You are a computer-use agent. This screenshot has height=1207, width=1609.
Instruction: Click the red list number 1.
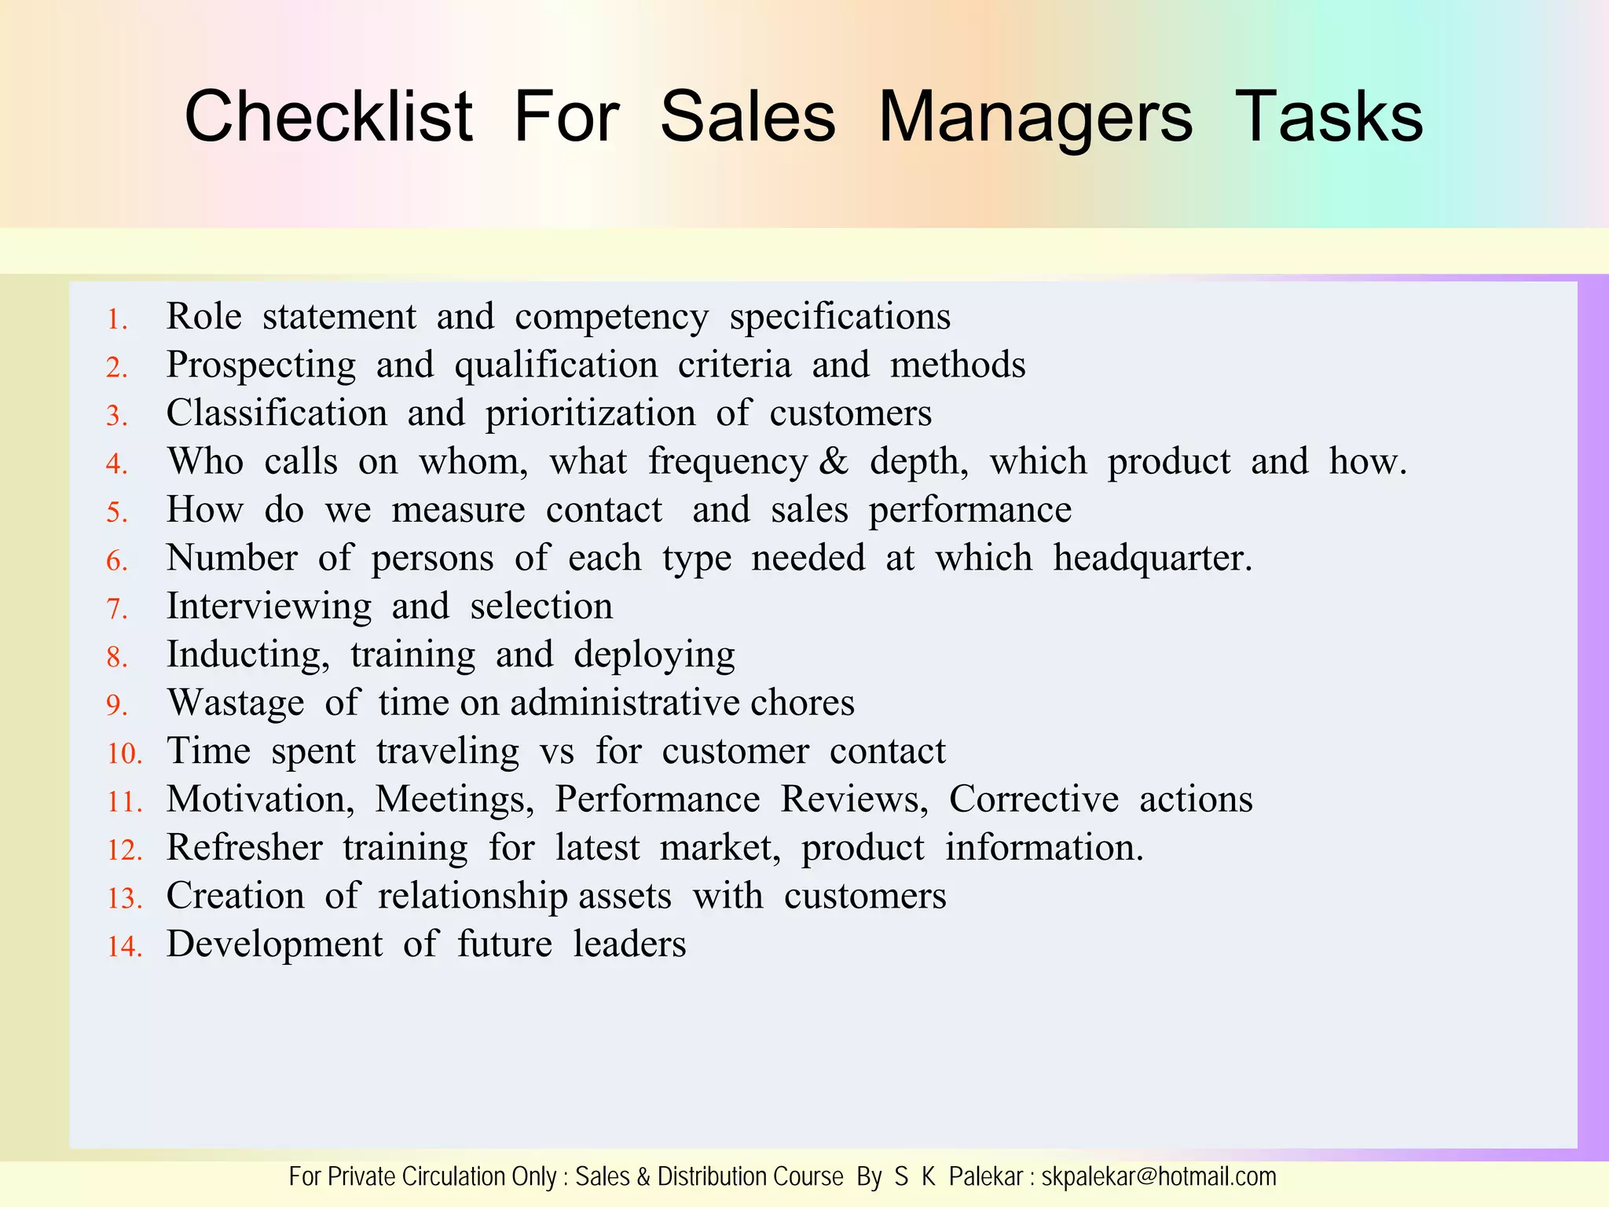(x=117, y=320)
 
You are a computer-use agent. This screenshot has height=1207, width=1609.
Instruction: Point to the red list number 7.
(x=117, y=609)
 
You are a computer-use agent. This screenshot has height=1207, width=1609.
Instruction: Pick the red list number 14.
(x=124, y=947)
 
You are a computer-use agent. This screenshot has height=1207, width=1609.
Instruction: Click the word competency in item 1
(x=611, y=317)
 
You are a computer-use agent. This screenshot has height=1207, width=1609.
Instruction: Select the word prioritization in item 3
(x=590, y=414)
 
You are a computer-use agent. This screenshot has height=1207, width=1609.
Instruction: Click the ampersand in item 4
(x=834, y=461)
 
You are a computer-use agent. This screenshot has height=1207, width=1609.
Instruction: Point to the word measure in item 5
(x=458, y=510)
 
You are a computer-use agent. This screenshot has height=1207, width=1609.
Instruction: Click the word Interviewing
(x=269, y=607)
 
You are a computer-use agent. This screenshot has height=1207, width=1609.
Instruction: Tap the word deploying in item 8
(x=654, y=655)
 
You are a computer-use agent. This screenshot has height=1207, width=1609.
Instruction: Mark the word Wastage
(x=236, y=703)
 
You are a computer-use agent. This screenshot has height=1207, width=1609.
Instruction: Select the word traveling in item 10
(x=447, y=751)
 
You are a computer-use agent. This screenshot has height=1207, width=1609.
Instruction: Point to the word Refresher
(x=244, y=848)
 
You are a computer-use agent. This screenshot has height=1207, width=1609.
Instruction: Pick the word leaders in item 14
(x=629, y=944)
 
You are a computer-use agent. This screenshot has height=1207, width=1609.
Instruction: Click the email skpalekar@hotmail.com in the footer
(x=1159, y=1177)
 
